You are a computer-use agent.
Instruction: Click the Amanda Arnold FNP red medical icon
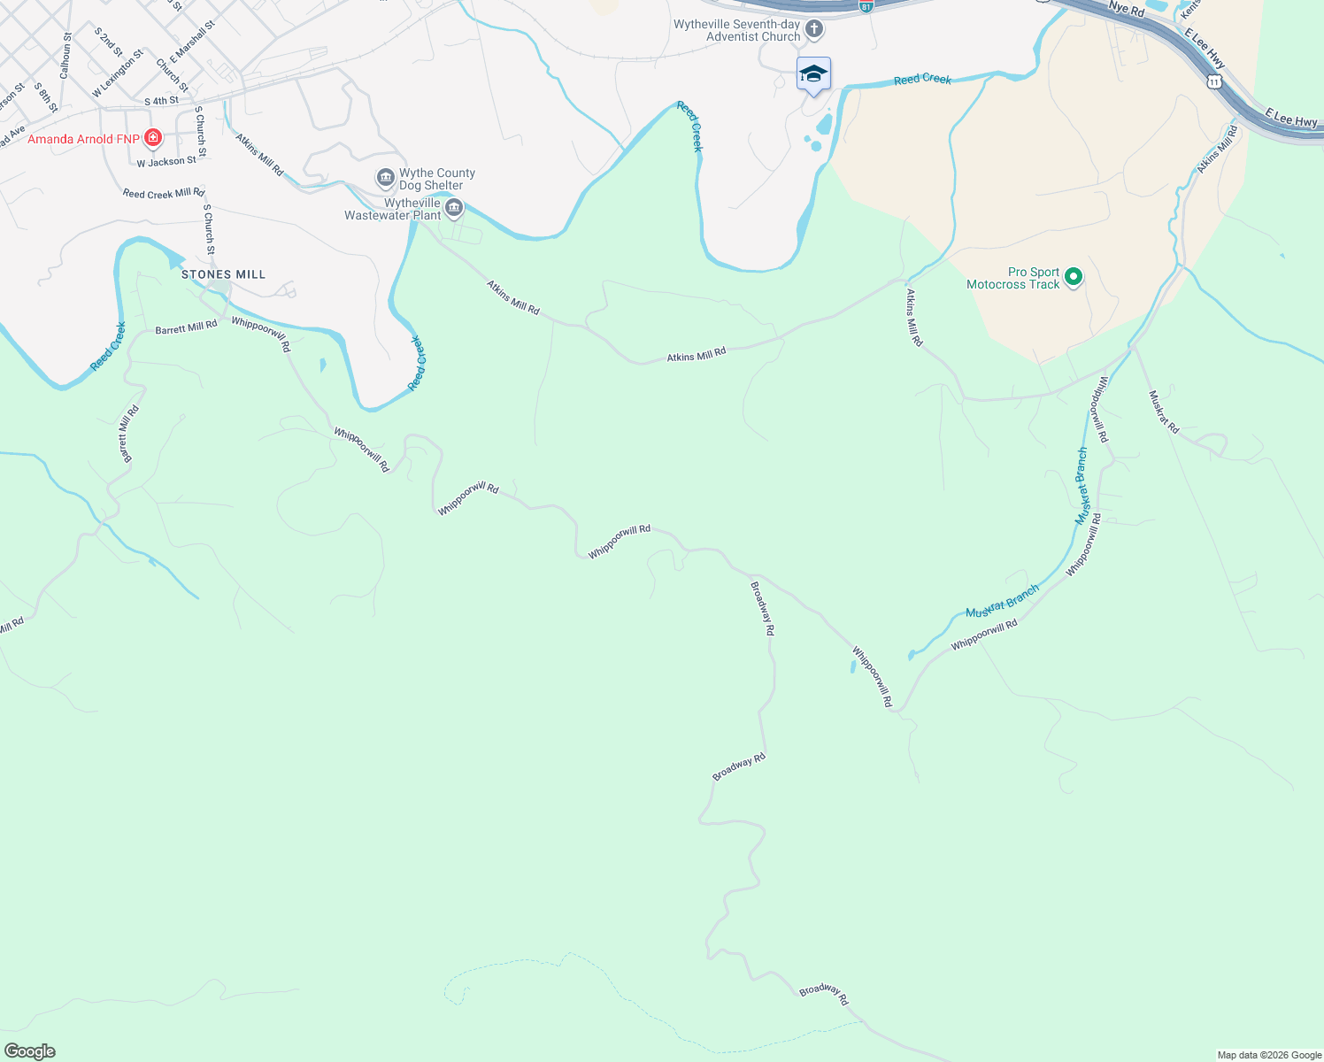point(153,138)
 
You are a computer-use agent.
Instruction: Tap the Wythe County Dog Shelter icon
point(386,179)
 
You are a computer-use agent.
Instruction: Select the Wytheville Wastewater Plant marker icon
point(454,209)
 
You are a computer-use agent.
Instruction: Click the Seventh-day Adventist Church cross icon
point(814,30)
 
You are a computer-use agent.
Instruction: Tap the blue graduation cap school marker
point(813,74)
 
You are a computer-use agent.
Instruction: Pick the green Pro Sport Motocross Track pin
point(1074,278)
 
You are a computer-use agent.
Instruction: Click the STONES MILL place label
point(223,274)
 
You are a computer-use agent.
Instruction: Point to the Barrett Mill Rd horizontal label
point(186,327)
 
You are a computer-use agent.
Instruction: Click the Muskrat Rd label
point(1164,412)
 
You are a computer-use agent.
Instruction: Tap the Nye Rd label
point(1126,9)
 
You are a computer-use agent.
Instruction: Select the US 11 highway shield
point(1214,81)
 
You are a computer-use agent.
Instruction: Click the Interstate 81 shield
point(866,6)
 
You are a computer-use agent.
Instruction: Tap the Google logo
point(30,1051)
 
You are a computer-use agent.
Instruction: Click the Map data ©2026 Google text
point(1269,1055)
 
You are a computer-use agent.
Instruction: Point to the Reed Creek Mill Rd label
point(164,193)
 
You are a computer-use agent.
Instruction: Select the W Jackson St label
point(166,161)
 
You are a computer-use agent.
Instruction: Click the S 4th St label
point(161,101)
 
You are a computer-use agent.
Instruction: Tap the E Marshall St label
point(192,42)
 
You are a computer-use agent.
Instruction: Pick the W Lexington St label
point(118,73)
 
